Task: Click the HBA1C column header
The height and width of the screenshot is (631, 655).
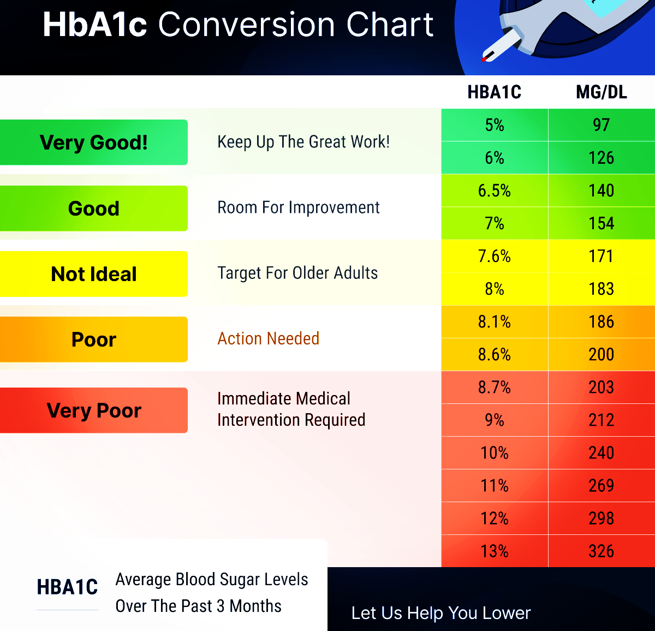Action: point(494,92)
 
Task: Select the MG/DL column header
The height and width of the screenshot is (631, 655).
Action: point(601,92)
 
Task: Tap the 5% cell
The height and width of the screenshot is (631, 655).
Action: point(495,125)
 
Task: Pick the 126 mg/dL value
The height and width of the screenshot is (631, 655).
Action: point(601,158)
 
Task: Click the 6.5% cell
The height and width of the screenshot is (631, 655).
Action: point(495,191)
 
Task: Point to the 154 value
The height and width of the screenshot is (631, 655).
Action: point(601,223)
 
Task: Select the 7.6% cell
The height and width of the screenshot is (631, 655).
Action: point(495,256)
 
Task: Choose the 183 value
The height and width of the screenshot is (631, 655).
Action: point(601,289)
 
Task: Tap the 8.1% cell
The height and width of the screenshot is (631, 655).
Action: point(495,322)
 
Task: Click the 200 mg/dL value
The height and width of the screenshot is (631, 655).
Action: point(601,354)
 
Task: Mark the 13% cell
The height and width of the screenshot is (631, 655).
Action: point(495,551)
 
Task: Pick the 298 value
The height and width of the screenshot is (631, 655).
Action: point(601,518)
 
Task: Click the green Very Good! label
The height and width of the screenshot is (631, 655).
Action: point(94,142)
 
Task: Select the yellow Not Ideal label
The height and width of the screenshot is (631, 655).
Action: point(94,274)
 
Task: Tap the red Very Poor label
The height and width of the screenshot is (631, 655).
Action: point(94,410)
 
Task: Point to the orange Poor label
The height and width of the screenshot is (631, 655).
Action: point(94,340)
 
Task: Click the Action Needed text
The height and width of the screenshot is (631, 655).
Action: point(268,338)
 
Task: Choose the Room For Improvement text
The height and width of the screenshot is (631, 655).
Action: point(298,207)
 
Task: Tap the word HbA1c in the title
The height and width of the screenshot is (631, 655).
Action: point(94,25)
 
